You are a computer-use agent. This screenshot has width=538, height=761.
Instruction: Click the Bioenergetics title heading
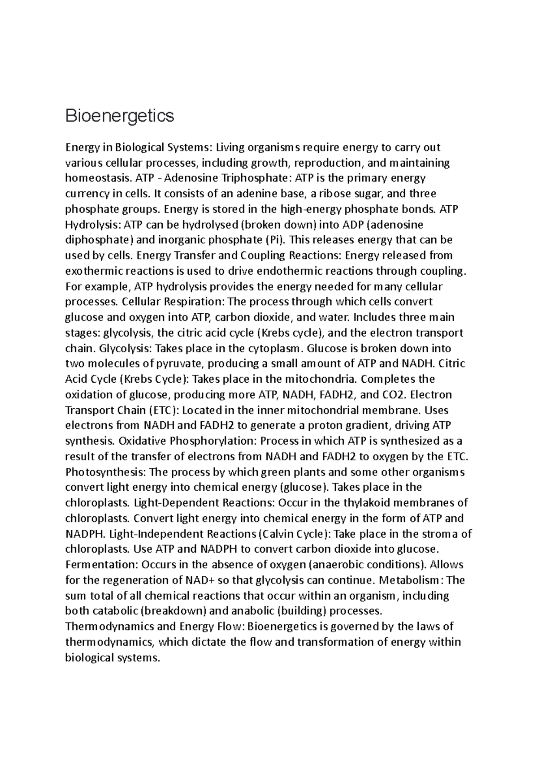point(119,116)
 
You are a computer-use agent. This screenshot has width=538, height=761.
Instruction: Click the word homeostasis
point(97,178)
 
